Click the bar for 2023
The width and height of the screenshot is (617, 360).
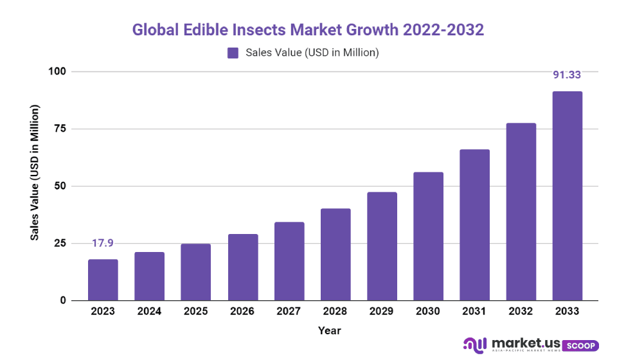coord(103,280)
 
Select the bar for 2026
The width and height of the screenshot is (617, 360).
coord(242,267)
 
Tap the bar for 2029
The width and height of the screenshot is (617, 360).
coord(382,246)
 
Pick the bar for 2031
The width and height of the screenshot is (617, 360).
coord(474,225)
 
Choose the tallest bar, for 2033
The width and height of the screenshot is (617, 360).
coord(568,196)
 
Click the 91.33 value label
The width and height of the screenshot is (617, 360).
coord(568,75)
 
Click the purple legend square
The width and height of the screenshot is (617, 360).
coord(233,53)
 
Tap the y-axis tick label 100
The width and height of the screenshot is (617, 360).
coord(57,71)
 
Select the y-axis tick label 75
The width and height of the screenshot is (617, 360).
coord(59,129)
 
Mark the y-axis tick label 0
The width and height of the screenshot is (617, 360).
coord(62,300)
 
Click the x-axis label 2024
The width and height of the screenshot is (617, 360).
coord(149,311)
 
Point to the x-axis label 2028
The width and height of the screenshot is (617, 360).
coord(335,311)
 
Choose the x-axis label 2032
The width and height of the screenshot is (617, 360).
coord(521,311)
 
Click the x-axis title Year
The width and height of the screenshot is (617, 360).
coord(329,330)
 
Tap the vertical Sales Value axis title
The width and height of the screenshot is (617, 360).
coord(35,174)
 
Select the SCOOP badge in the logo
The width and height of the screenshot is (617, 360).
coord(582,345)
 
